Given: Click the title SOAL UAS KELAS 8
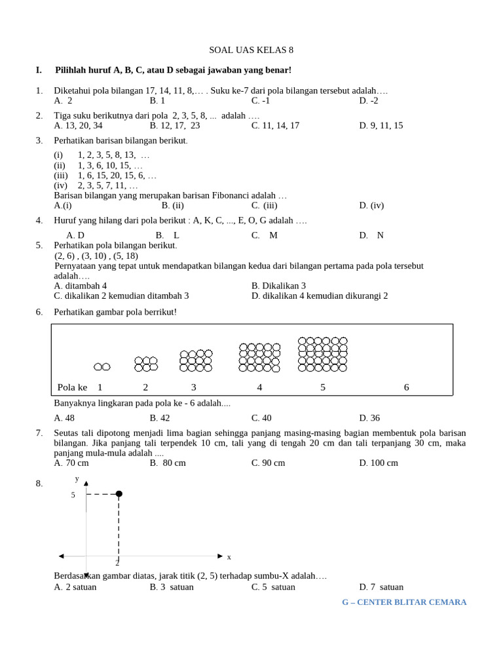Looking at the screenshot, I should [251, 50].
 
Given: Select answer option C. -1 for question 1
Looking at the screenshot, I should [261, 101].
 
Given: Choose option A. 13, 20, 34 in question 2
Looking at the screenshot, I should [78, 126].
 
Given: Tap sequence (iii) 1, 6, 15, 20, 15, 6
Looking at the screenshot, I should [105, 176].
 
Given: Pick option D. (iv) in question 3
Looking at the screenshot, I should [371, 205].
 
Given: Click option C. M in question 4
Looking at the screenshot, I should [265, 235].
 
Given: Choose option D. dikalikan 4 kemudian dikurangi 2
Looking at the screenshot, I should [320, 296].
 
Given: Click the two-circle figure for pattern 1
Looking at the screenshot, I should [102, 367].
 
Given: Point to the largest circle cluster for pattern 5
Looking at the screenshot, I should [322, 355].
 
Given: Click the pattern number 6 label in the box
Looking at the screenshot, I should [406, 387].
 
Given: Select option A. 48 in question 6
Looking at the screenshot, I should [64, 418].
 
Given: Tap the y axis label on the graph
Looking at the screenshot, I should [77, 478].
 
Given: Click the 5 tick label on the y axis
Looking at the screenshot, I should [73, 495].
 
